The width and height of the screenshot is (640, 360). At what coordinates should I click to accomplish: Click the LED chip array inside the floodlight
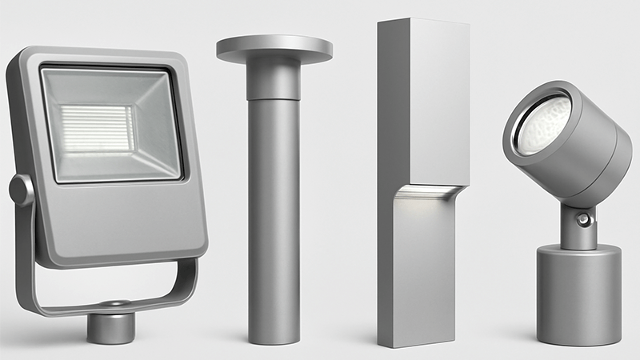click(97, 128)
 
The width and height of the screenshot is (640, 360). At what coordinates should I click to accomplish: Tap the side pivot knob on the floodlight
click(20, 190)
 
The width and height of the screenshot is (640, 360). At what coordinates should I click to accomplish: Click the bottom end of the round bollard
click(273, 336)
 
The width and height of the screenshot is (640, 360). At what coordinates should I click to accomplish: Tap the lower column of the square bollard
click(424, 272)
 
